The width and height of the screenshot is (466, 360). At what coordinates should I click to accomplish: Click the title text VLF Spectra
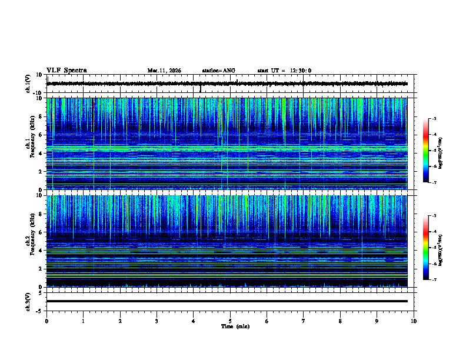click(66, 70)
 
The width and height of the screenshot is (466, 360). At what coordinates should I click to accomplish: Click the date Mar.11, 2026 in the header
click(164, 71)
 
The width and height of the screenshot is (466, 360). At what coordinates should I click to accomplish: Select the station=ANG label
click(218, 71)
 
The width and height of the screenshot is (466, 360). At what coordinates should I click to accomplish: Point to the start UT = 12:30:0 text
click(284, 71)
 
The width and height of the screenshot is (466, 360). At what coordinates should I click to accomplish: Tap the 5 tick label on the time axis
click(230, 321)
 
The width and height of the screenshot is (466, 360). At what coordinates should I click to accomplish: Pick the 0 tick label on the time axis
click(46, 321)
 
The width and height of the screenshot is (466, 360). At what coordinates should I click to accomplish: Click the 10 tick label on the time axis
click(414, 321)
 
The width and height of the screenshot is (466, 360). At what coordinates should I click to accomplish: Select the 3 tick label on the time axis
click(157, 321)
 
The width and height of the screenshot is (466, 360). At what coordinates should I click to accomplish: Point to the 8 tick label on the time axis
click(340, 321)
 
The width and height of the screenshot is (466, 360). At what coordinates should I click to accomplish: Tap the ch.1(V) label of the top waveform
click(28, 84)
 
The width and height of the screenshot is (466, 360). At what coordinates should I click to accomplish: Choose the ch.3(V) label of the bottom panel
click(28, 301)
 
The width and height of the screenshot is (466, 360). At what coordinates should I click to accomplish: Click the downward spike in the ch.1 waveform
click(201, 90)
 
